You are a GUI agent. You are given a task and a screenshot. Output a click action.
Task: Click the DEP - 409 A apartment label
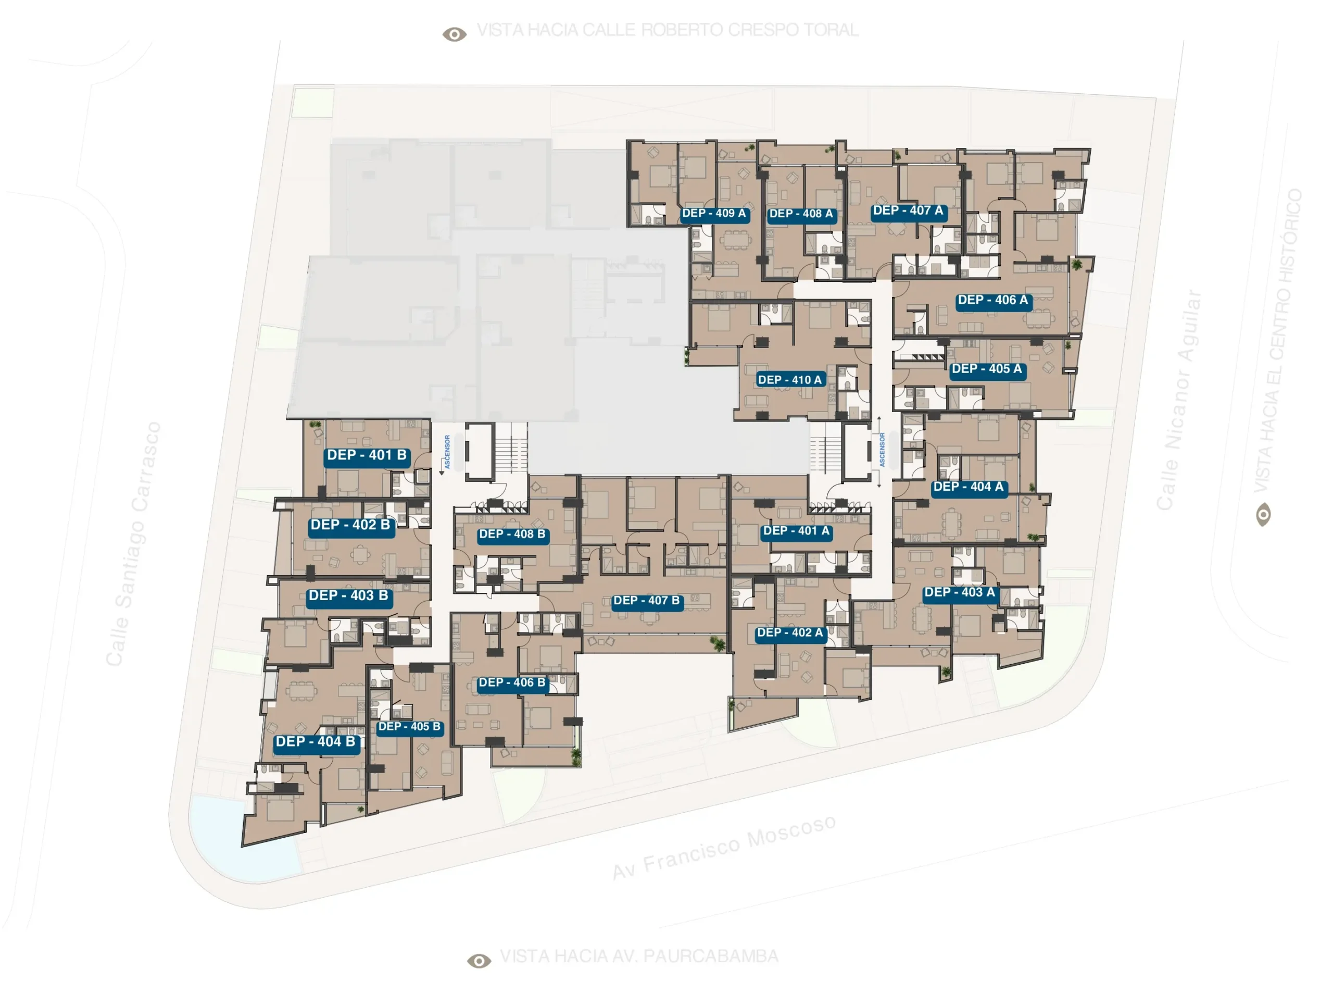714,214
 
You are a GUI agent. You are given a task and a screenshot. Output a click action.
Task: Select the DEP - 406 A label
993,301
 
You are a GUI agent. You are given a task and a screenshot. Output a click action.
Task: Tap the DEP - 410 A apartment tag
790,380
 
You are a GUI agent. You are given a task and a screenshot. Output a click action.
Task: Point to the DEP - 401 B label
367,456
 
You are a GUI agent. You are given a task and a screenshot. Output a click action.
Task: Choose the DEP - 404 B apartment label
316,742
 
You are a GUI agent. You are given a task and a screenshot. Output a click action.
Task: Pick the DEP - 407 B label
647,602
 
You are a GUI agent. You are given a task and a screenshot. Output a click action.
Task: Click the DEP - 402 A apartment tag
790,634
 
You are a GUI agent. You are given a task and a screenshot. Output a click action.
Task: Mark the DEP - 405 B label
410,727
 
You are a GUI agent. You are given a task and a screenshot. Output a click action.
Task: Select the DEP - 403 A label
960,593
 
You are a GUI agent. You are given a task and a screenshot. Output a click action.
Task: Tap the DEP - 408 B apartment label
512,535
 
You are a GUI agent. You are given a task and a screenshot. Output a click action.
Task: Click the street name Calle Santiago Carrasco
133,544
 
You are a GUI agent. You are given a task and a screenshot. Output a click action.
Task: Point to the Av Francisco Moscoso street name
724,847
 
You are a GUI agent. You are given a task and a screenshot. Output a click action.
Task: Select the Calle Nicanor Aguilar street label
1179,400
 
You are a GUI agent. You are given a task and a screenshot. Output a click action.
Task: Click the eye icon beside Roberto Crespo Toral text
455,34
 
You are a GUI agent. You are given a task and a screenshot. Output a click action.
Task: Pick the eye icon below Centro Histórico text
1263,515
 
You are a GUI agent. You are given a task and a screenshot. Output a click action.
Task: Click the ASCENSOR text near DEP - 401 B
447,452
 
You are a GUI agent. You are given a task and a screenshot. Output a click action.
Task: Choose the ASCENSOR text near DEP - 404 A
882,450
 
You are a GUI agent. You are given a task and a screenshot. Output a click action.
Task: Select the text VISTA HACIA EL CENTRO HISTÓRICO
1278,341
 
